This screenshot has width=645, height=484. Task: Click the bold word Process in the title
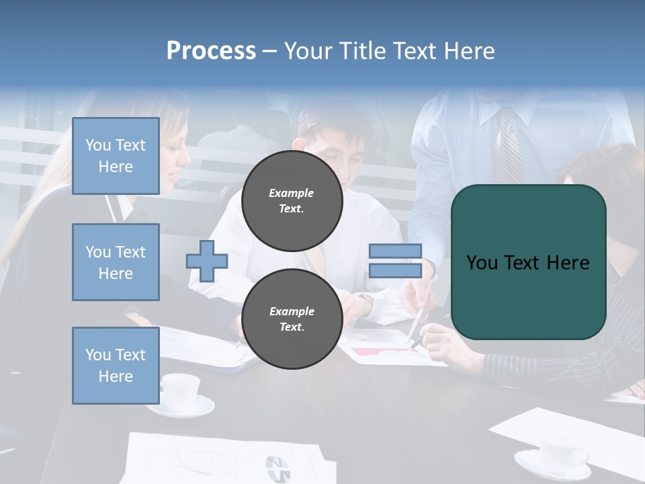pyautogui.click(x=211, y=50)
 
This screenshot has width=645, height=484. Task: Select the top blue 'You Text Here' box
pyautogui.click(x=116, y=156)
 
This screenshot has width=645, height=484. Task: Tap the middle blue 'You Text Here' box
pyautogui.click(x=116, y=262)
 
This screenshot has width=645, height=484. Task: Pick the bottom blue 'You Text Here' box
pyautogui.click(x=116, y=365)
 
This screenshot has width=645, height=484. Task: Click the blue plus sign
pyautogui.click(x=207, y=261)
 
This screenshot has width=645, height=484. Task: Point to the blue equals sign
pyautogui.click(x=395, y=261)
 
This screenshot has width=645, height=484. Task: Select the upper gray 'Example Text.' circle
pyautogui.click(x=292, y=200)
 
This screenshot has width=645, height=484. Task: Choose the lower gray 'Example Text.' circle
pyautogui.click(x=292, y=319)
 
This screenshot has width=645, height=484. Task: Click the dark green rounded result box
pyautogui.click(x=528, y=262)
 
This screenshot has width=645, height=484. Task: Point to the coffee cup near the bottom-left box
pyautogui.click(x=180, y=390)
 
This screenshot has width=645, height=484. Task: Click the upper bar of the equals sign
pyautogui.click(x=395, y=251)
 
